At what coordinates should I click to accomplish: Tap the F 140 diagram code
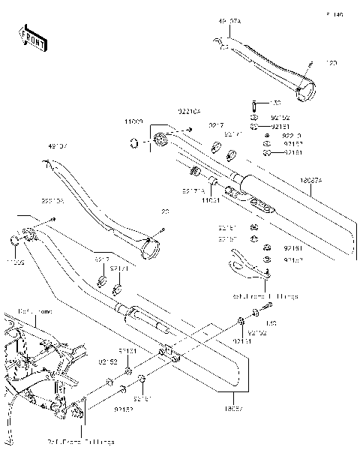click(x=334, y=14)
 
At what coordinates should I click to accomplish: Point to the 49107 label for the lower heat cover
click(x=58, y=145)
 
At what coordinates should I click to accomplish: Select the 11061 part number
click(x=211, y=201)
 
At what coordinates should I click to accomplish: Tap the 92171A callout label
click(x=192, y=191)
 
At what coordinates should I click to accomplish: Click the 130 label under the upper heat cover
click(x=274, y=103)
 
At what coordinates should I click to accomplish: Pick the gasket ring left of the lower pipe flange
click(x=14, y=240)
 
